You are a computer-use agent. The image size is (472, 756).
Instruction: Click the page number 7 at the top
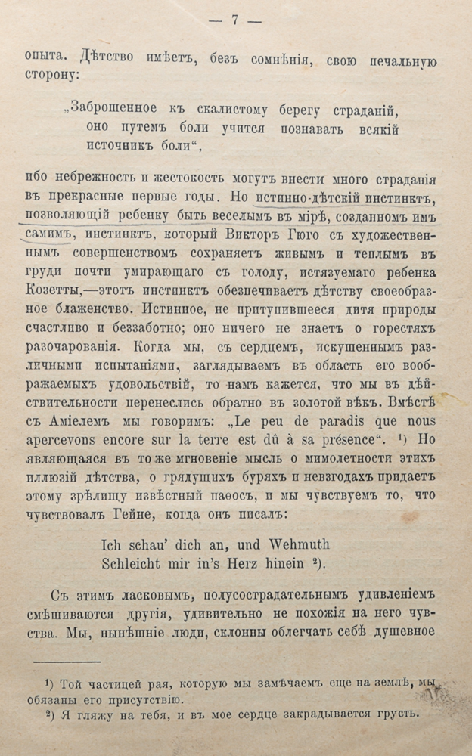click(x=234, y=20)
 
